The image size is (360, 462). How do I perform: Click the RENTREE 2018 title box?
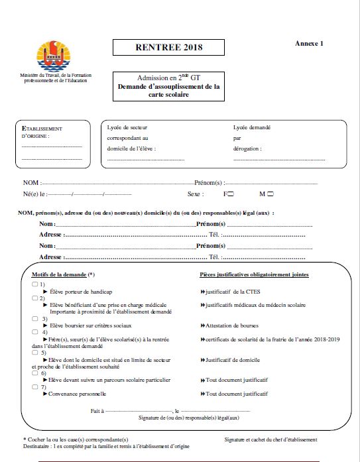168,47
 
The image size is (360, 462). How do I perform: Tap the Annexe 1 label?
309,44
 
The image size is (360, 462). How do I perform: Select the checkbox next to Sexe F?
233,194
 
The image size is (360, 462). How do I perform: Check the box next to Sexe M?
270,194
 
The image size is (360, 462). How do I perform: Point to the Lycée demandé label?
252,128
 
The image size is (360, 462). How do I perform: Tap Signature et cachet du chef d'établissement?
270,439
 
